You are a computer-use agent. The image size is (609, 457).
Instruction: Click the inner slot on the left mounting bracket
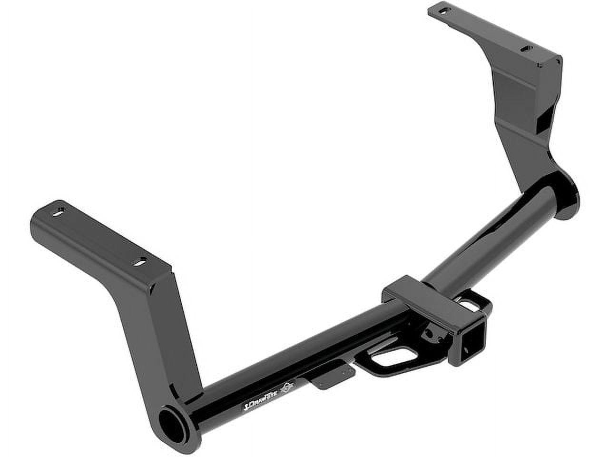pos(140,261)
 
